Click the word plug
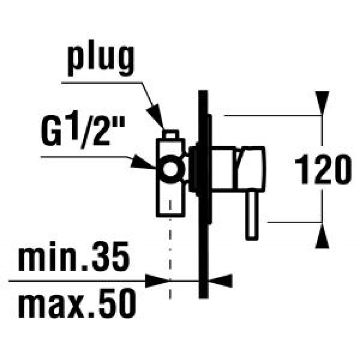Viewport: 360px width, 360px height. (100, 60)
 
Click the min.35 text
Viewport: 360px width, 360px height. (73, 256)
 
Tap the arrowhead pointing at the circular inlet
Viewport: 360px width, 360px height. (144, 162)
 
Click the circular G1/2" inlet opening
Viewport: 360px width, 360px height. (170, 169)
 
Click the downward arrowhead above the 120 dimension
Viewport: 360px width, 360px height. (322, 103)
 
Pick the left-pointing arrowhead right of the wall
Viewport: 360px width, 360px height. (220, 280)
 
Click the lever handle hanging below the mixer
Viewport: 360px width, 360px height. (252, 215)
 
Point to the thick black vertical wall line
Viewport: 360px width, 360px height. (203, 194)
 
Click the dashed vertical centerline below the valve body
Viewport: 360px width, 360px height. (170, 249)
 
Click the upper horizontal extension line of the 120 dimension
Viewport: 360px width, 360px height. (273, 115)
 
